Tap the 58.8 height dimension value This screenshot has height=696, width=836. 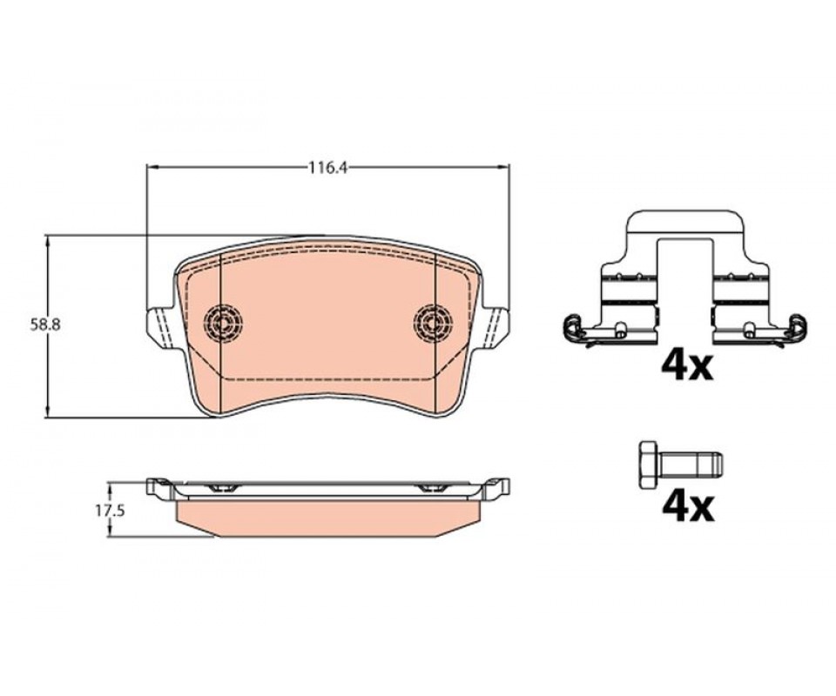[45, 325]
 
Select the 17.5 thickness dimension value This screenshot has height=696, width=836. [110, 511]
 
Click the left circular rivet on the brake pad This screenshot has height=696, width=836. [223, 321]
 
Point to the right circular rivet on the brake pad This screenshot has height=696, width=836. [433, 321]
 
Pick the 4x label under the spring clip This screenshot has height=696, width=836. [687, 366]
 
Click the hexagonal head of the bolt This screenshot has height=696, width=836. [649, 465]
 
